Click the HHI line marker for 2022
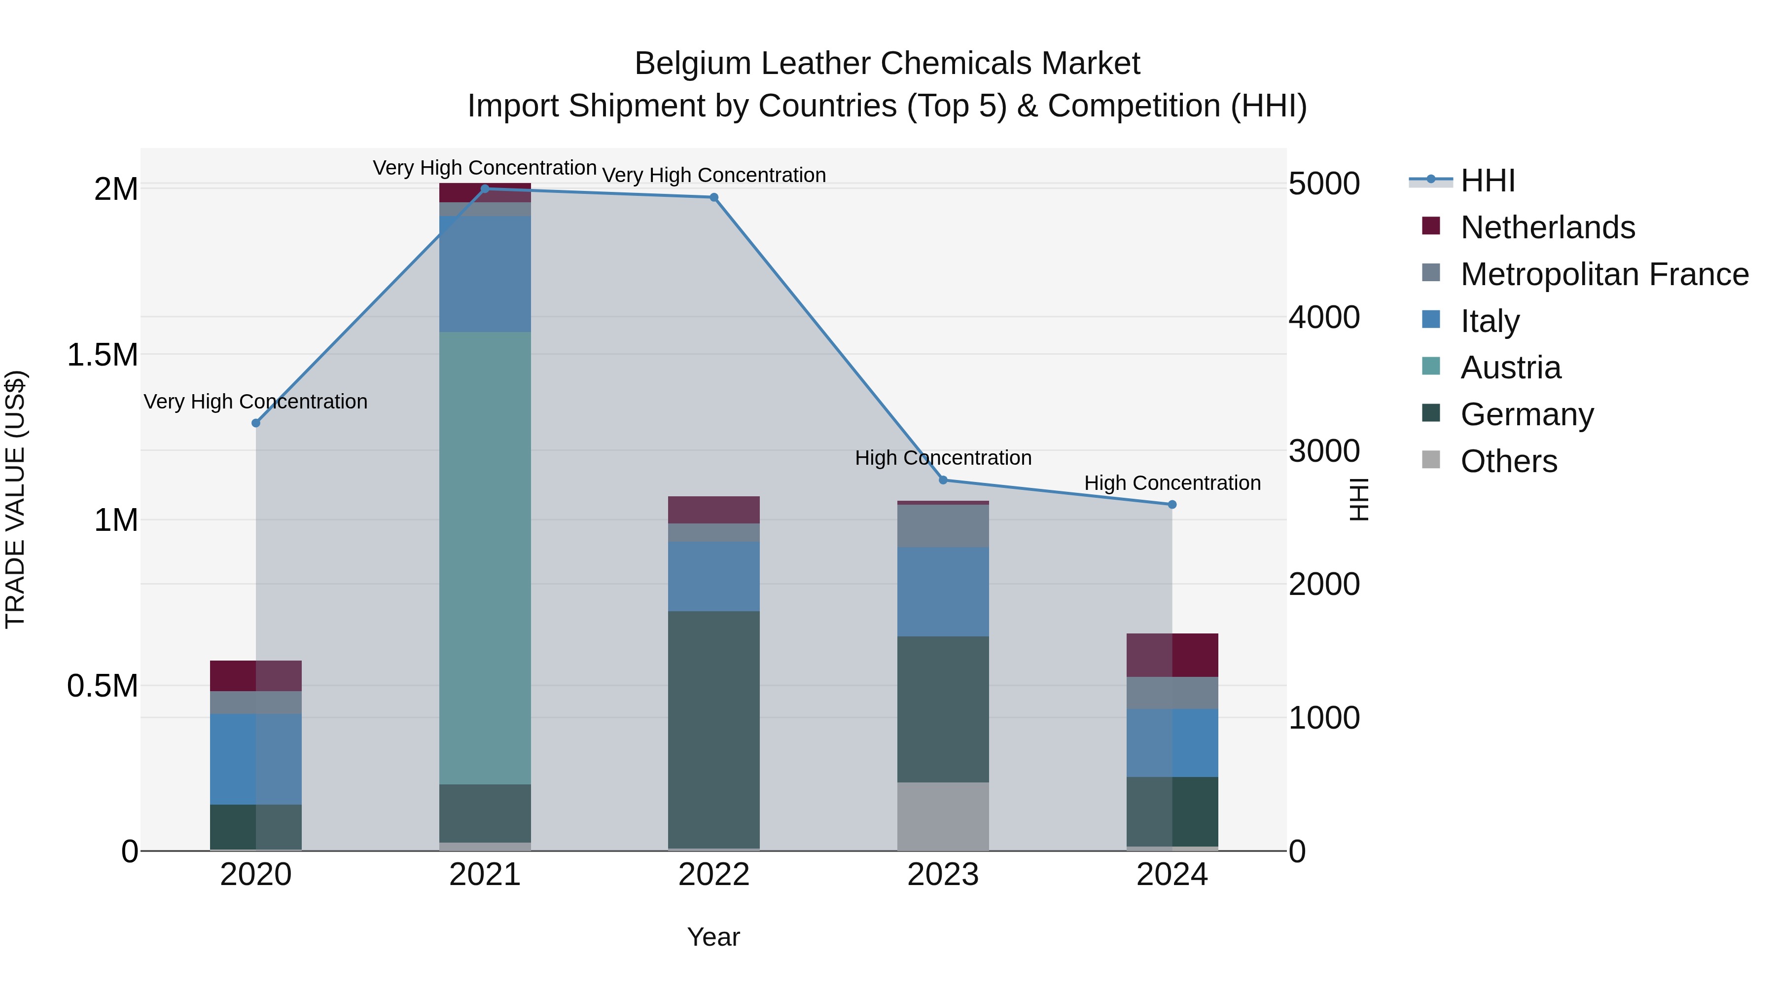coord(714,197)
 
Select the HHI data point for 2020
coord(255,423)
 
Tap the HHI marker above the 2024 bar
coord(1172,505)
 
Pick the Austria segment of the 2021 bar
coord(485,558)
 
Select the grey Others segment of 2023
coord(943,816)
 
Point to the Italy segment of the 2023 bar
coord(943,592)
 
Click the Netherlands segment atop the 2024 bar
coord(1172,655)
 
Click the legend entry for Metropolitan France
coord(1604,274)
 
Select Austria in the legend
coord(1510,368)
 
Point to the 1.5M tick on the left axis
coord(103,355)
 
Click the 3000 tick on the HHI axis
coord(1324,451)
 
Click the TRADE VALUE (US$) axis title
coord(16,499)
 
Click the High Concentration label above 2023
coord(943,458)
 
